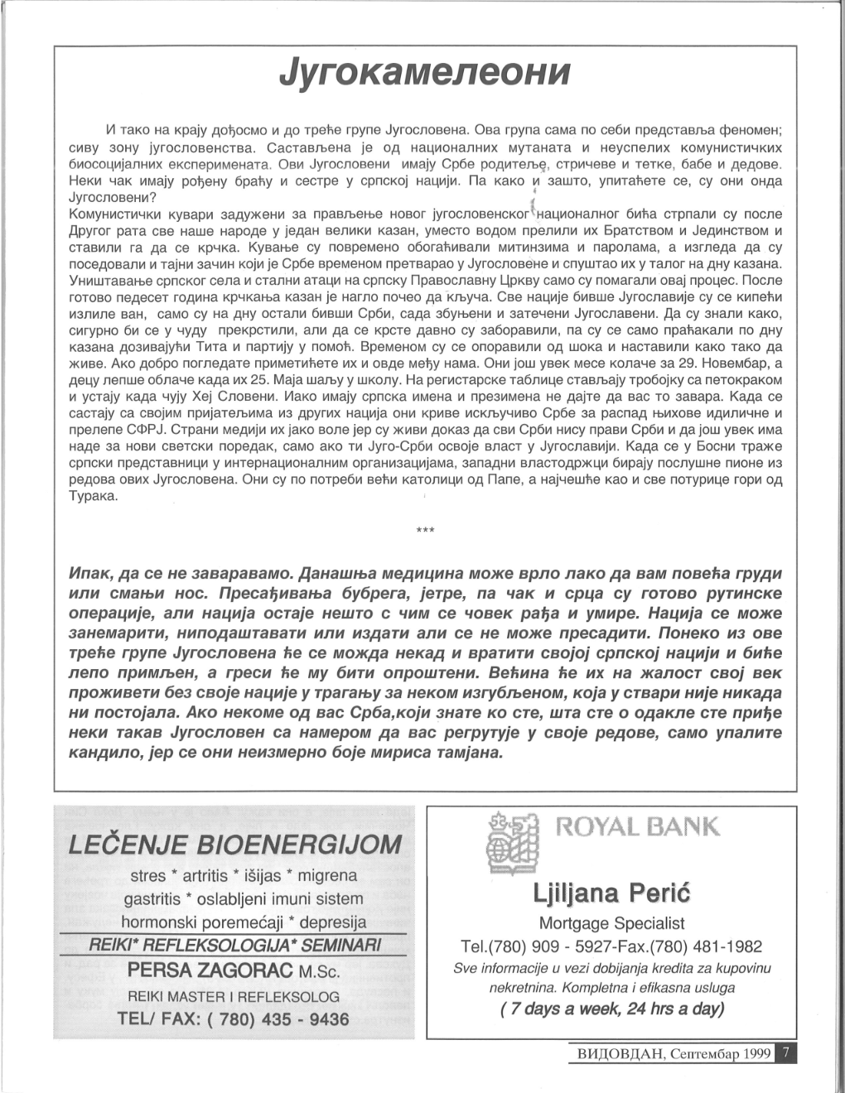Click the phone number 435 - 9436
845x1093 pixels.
coord(305,1019)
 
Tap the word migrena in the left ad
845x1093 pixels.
coord(327,875)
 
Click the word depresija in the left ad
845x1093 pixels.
coord(333,922)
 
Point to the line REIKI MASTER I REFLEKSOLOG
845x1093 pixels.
coord(234,996)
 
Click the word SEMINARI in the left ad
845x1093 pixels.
coord(340,945)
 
